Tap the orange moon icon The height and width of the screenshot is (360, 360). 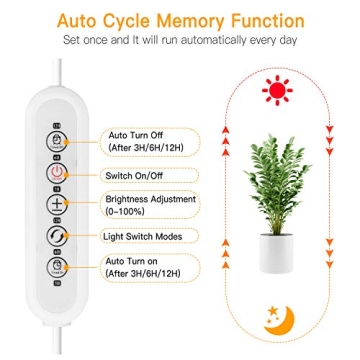pyautogui.click(x=273, y=320)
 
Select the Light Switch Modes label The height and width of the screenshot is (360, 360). pyautogui.click(x=142, y=237)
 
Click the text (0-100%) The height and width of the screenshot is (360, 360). pyautogui.click(x=124, y=211)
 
